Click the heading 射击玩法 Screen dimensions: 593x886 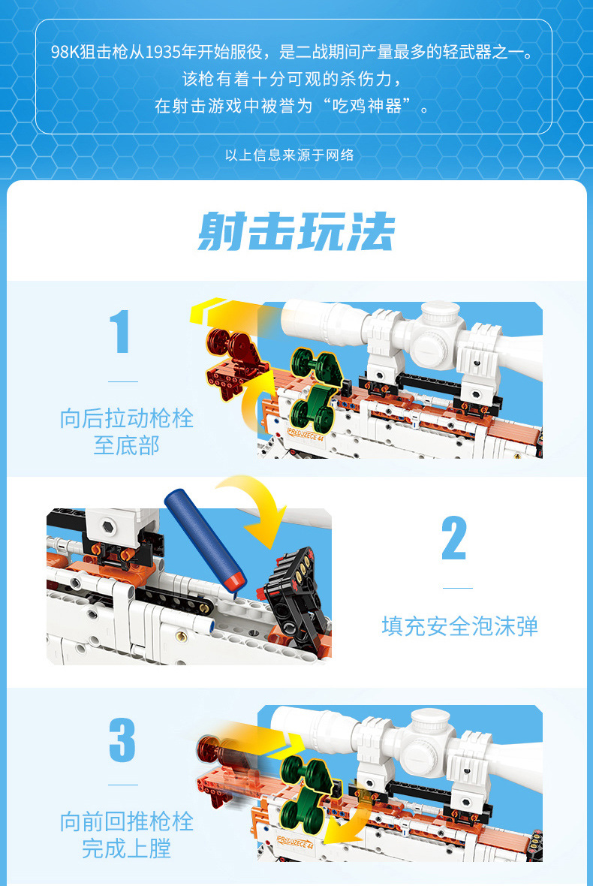[296, 231]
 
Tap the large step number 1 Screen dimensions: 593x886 [120, 332]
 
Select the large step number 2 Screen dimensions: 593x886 [455, 538]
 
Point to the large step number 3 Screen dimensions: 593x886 [122, 740]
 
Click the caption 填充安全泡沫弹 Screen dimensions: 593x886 [459, 626]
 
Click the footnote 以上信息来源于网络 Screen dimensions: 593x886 [289, 155]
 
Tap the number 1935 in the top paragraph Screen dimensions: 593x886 [163, 52]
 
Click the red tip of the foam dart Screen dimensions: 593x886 [235, 583]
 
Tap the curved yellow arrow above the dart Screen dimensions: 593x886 [256, 505]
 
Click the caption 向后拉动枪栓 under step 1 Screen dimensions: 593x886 [127, 419]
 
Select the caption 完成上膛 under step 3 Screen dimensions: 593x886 [127, 849]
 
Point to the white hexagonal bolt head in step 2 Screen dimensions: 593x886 [109, 527]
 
